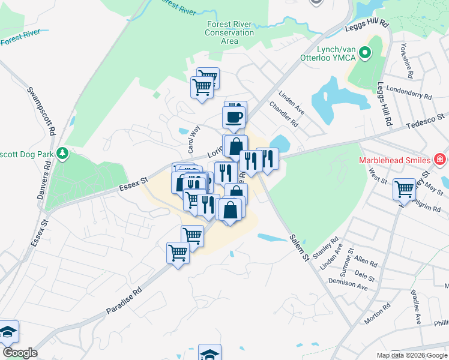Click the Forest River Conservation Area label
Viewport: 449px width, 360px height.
click(229, 32)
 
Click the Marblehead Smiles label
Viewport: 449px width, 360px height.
click(394, 160)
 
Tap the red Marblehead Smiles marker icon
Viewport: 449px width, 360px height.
click(440, 159)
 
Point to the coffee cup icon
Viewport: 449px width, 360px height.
click(234, 116)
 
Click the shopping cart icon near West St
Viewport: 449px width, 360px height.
click(404, 189)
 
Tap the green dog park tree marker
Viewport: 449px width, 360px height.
click(62, 154)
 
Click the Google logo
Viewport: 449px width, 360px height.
click(20, 353)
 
